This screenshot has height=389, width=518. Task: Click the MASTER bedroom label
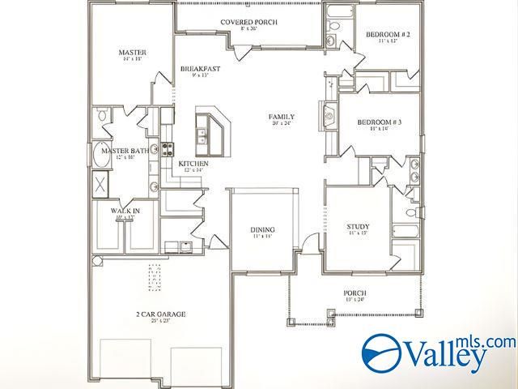132,53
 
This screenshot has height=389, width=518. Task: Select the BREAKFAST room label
201,70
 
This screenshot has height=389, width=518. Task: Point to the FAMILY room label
282,117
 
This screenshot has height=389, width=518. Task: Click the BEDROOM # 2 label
388,34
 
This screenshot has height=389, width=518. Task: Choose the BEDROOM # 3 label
380,122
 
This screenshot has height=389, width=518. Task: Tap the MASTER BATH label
124,151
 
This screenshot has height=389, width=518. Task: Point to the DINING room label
262,229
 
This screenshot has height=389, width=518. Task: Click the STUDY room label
358,227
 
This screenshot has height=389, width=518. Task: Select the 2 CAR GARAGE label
159,314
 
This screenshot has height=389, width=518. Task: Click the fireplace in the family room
329,115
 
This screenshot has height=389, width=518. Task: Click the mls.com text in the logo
486,342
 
